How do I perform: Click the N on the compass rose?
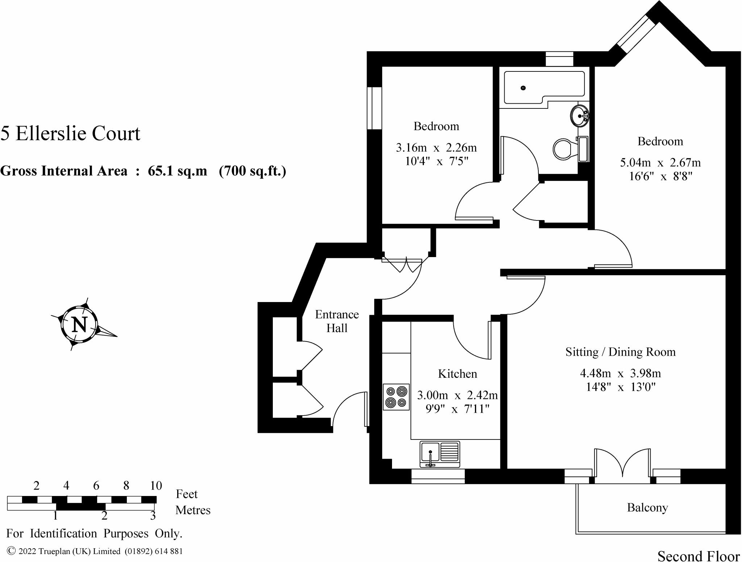point(79,324)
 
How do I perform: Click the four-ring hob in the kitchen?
point(396,397)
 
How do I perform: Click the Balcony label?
point(647,508)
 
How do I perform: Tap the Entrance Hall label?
point(337,321)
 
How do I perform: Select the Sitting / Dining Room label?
point(620,352)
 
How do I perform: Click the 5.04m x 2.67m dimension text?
point(660,162)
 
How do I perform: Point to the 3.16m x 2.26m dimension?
point(436,148)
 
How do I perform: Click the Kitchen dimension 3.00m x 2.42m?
point(457,395)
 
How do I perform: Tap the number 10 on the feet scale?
point(156,485)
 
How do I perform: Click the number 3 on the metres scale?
point(153,516)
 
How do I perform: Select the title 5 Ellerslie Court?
point(70,133)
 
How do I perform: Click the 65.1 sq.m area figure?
point(177,171)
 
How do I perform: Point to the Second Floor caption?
point(699,556)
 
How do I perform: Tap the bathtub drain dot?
point(523,88)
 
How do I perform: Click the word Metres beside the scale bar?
point(193,510)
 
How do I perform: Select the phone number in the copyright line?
point(154,551)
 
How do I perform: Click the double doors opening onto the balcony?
point(622,464)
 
